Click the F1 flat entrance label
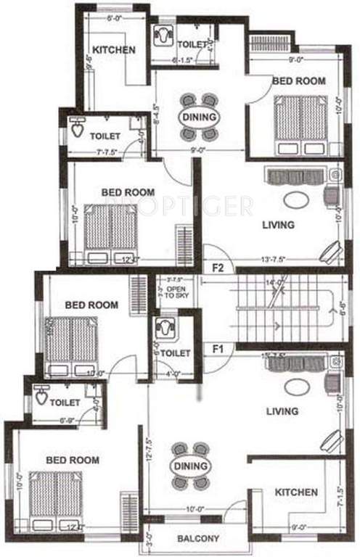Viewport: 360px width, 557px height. (x=217, y=349)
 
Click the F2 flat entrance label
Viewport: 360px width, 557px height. (x=217, y=267)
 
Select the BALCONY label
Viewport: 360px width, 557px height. (x=198, y=539)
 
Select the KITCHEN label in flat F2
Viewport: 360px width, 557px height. (x=114, y=50)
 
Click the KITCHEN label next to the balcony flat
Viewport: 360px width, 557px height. (x=296, y=492)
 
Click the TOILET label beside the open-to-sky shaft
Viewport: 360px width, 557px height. (x=175, y=353)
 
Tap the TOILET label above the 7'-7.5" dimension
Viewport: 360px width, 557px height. (x=105, y=136)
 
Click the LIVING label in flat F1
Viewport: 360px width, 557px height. (x=282, y=411)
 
